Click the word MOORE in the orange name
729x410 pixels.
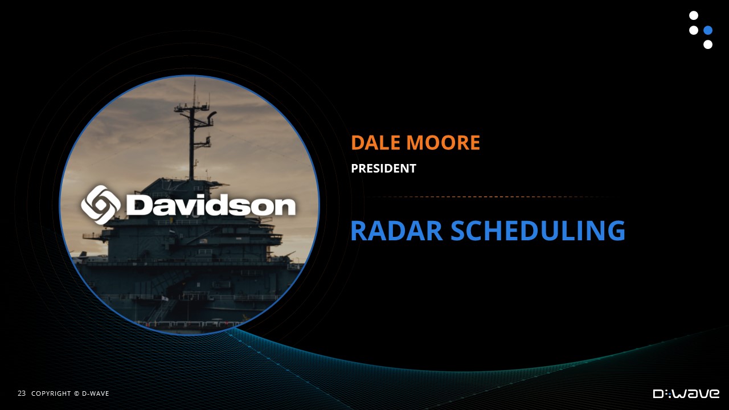tap(443, 142)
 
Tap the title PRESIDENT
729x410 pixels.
tap(383, 168)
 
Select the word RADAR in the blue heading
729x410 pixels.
tap(397, 231)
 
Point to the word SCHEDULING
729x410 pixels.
tap(538, 231)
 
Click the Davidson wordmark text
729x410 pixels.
tap(211, 204)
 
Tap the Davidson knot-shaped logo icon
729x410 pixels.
tap(101, 204)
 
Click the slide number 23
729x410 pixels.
tap(22, 393)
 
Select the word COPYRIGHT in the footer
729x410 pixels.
tap(51, 393)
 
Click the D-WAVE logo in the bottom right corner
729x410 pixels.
tap(686, 393)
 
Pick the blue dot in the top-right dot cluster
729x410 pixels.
tap(708, 30)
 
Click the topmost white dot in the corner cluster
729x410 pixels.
tap(694, 15)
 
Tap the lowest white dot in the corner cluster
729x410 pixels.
tap(708, 44)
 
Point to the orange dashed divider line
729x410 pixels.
tap(488, 197)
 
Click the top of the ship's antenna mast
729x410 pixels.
tap(194, 78)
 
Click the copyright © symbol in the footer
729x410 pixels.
tap(76, 393)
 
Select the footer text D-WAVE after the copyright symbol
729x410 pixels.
tap(95, 393)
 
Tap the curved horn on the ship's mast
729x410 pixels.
tap(212, 115)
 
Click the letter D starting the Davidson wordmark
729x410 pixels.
tap(135, 204)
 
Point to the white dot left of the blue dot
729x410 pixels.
tap(694, 30)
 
